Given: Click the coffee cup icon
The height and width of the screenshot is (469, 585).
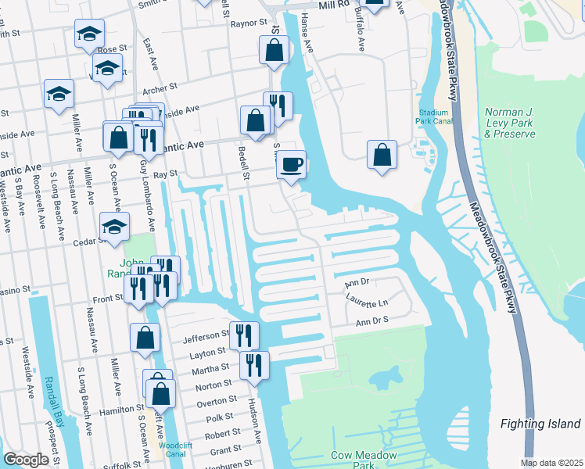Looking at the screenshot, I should click(292, 165).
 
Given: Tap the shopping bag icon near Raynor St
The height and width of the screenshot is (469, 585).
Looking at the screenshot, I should click(274, 51).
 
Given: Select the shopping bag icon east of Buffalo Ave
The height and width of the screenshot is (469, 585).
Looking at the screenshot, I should click(382, 155).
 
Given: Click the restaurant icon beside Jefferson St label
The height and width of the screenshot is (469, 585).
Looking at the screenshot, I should click(244, 336).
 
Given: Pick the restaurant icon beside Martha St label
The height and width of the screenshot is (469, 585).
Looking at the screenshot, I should click(254, 366).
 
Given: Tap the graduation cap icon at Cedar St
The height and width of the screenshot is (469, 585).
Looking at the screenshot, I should click(114, 227).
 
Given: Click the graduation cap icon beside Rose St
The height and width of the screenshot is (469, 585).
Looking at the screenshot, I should click(90, 34).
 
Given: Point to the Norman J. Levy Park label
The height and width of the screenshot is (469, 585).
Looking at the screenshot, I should click(510, 123).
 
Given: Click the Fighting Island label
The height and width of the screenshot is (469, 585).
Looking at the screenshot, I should click(540, 424).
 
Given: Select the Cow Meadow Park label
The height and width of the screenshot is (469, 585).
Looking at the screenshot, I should click(363, 460).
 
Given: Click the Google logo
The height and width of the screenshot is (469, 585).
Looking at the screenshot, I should click(26, 460).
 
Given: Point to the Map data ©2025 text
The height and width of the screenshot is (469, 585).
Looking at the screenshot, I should click(551, 463).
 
